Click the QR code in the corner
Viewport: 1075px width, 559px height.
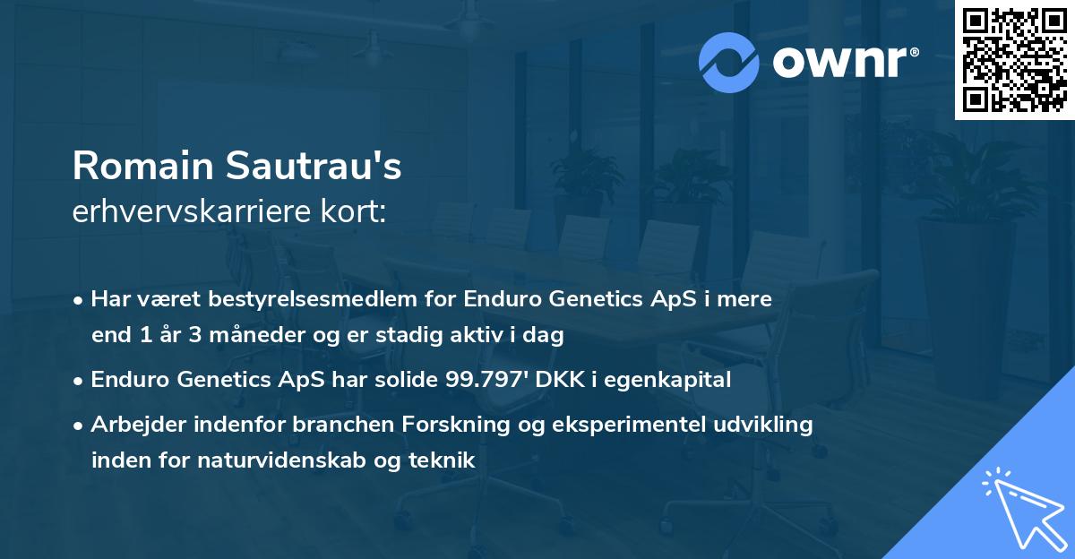tap(1014, 59)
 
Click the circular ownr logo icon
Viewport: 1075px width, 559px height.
tap(729, 63)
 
